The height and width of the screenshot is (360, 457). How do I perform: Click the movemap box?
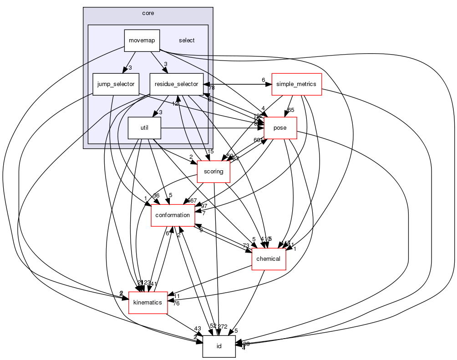tap(142, 41)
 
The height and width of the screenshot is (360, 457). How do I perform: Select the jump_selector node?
tap(116, 84)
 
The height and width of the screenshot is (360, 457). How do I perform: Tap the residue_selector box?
tap(176, 84)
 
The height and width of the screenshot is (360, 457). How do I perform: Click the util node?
tap(144, 128)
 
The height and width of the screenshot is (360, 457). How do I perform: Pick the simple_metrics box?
tap(296, 84)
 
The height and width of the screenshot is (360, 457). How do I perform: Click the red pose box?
tap(280, 128)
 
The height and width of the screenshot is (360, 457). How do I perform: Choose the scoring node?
tap(213, 172)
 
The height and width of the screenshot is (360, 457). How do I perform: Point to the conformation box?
tap(173, 215)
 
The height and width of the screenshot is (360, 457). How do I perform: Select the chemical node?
tap(269, 259)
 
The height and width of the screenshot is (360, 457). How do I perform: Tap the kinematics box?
tap(148, 303)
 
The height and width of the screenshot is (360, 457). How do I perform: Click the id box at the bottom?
tap(219, 346)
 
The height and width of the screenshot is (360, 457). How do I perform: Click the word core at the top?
tap(148, 13)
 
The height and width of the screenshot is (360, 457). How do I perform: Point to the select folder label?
tap(187, 41)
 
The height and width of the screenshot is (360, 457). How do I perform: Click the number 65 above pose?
tap(291, 110)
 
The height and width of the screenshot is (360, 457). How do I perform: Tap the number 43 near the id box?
tap(198, 329)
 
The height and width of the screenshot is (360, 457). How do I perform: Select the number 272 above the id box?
tap(223, 327)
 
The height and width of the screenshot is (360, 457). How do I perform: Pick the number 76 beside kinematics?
tap(176, 303)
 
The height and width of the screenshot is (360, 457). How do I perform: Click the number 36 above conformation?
tap(156, 196)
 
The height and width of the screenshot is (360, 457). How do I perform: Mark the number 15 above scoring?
tap(210, 152)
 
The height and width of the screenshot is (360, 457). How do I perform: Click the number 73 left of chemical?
tap(246, 246)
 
